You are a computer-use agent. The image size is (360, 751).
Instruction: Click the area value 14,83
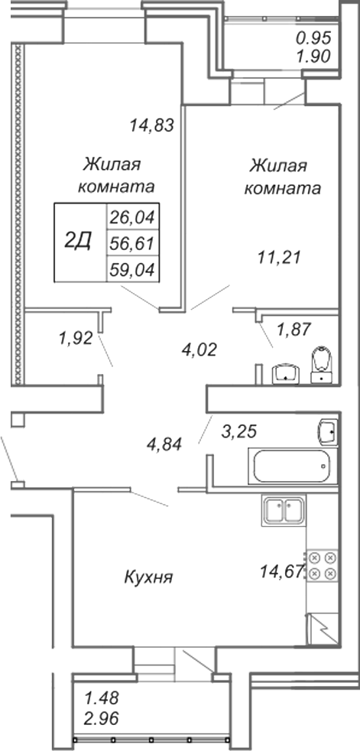pyautogui.click(x=151, y=125)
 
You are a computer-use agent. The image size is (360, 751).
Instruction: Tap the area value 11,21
pyautogui.click(x=279, y=258)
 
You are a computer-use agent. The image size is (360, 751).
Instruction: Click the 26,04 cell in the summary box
pyautogui.click(x=132, y=218)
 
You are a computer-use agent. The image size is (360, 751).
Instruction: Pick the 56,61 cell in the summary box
pyautogui.click(x=132, y=244)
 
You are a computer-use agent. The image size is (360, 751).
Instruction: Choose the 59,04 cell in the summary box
pyautogui.click(x=132, y=271)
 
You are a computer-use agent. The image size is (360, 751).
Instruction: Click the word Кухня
pyautogui.click(x=148, y=577)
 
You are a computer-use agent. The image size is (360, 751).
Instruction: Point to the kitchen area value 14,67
pyautogui.click(x=282, y=571)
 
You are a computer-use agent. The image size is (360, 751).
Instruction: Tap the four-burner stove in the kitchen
pyautogui.click(x=323, y=565)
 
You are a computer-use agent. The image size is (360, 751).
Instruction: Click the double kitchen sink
pyautogui.click(x=284, y=511)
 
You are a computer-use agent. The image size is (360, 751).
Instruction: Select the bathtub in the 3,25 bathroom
pyautogui.click(x=293, y=467)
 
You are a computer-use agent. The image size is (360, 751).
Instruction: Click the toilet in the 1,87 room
pyautogui.click(x=320, y=365)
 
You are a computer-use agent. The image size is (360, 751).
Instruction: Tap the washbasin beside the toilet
pyautogui.click(x=286, y=375)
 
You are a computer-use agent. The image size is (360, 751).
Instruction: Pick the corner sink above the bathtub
pyautogui.click(x=329, y=431)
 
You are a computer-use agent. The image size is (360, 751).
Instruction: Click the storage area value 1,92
pyautogui.click(x=75, y=339)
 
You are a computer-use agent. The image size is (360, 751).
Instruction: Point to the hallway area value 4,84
pyautogui.click(x=164, y=444)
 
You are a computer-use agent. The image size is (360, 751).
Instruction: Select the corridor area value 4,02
pyautogui.click(x=200, y=349)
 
